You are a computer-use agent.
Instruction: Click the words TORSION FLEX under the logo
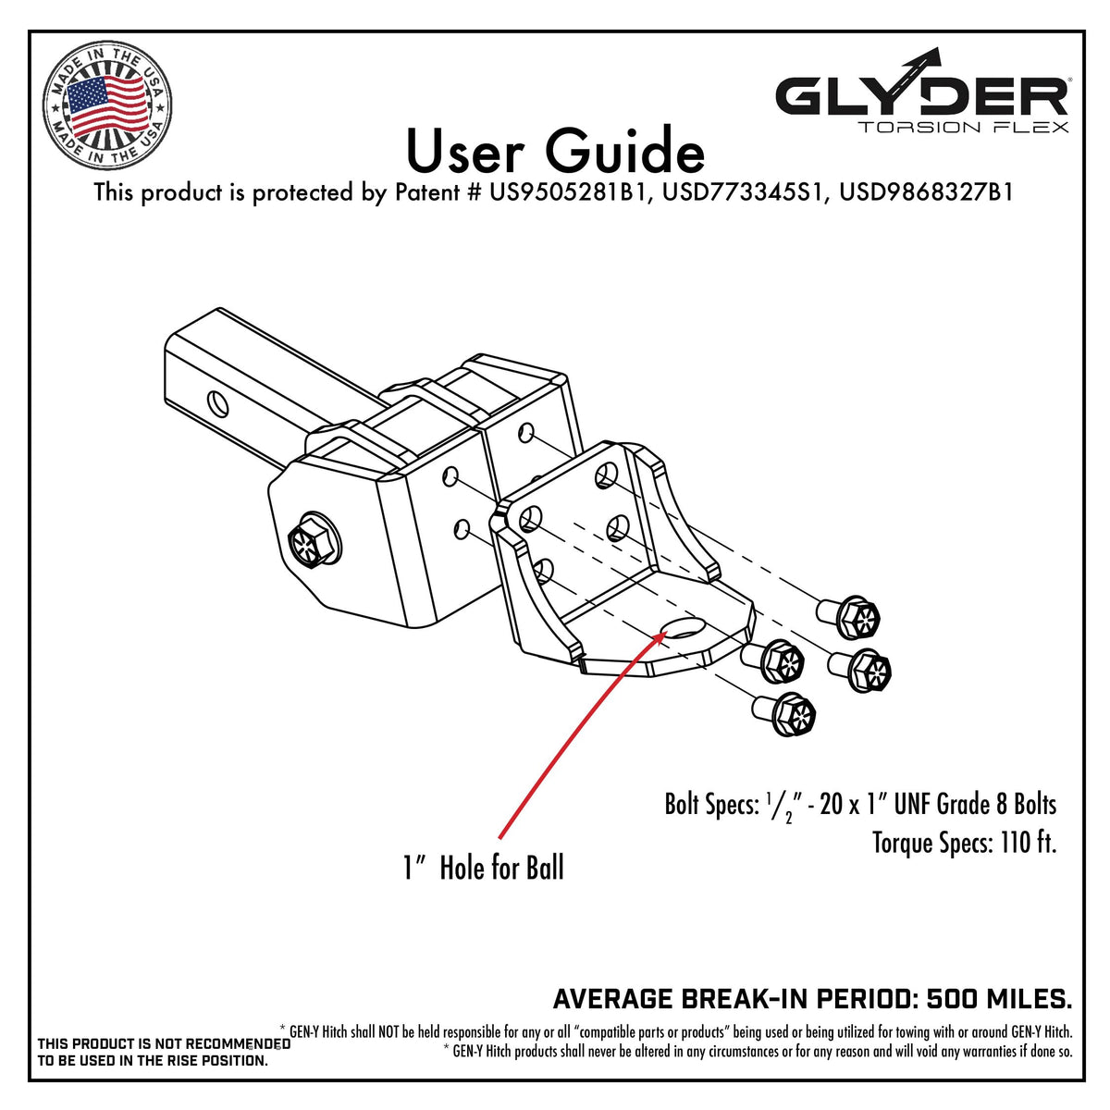pyautogui.click(x=963, y=127)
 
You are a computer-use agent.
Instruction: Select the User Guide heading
pyautogui.click(x=555, y=152)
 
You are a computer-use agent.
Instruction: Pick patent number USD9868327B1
pyautogui.click(x=926, y=193)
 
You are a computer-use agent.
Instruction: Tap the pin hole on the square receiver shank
pyautogui.click(x=216, y=402)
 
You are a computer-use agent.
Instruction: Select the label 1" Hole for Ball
pyautogui.click(x=483, y=868)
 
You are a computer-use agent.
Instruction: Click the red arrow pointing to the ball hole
pyautogui.click(x=573, y=731)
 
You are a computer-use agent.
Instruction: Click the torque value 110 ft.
pyautogui.click(x=1028, y=843)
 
